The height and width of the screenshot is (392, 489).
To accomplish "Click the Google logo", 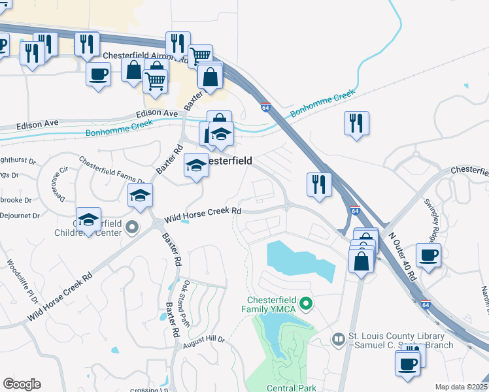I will click(22, 384).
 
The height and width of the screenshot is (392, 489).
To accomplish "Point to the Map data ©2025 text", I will click(461, 387).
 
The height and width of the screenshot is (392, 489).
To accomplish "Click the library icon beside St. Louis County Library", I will click(338, 338).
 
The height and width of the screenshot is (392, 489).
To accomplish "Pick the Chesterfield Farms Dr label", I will click(111, 170).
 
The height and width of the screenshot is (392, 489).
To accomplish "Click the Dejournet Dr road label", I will click(20, 214).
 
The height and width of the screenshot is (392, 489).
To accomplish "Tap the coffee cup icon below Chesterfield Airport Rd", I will click(98, 74).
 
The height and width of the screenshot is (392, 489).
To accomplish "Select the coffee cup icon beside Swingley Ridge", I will click(428, 255).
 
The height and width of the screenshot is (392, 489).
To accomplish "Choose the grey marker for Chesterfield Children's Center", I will click(133, 227).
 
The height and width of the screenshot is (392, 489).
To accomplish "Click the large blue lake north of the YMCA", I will click(299, 260).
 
